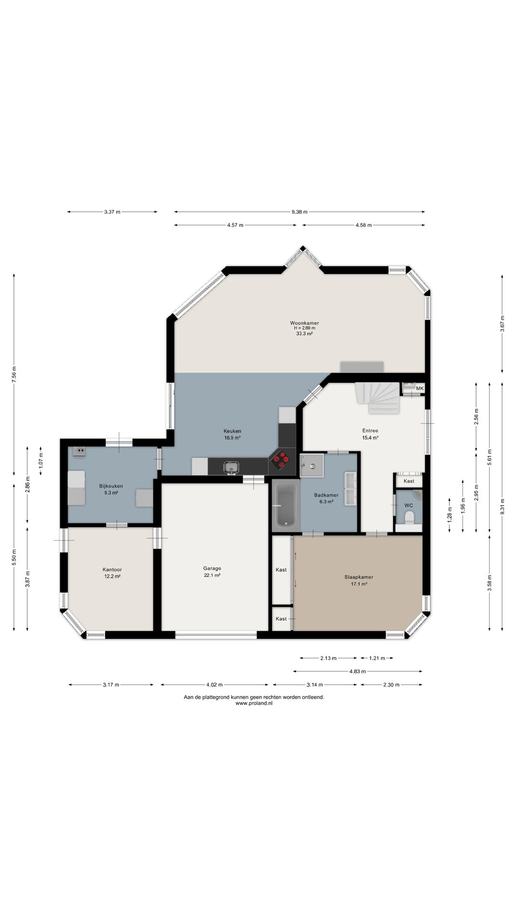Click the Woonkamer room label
point(304,323)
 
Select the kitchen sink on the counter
point(232,467)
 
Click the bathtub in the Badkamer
point(286,506)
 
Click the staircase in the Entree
point(377,398)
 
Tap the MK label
point(420,389)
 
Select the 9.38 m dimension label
point(300,212)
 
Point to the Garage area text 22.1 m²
point(212,575)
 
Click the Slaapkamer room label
point(359,577)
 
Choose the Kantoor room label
point(112,570)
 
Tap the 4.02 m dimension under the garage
point(215,685)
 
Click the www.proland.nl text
point(254,703)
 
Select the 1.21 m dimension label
point(377,658)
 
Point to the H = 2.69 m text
point(304,328)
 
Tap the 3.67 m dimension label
point(502,323)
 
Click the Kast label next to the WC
point(409,481)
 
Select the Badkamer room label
point(326,495)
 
